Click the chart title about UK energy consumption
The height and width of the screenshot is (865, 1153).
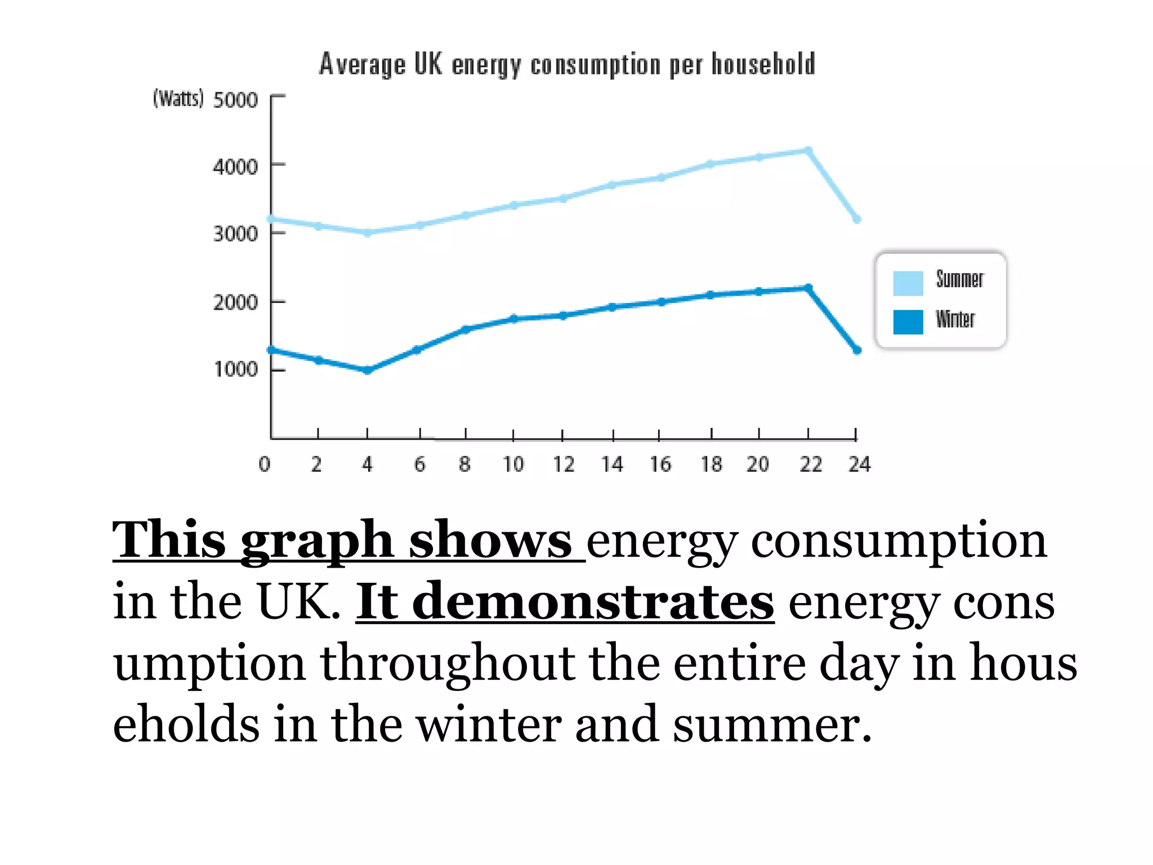567,64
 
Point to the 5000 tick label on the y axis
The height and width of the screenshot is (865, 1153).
235,100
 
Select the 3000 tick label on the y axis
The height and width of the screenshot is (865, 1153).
235,234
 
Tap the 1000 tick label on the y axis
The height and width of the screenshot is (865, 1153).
235,369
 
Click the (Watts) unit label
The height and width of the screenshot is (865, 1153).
178,99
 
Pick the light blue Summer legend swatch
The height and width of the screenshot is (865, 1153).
908,283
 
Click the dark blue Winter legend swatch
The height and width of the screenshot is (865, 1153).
908,322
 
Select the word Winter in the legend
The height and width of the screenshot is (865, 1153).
955,319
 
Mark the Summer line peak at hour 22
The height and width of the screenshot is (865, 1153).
808,150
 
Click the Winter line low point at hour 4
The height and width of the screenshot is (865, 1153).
368,371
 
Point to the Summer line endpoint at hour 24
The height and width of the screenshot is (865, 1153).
857,219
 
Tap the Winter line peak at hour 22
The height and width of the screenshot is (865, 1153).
808,288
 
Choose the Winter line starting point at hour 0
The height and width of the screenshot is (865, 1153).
271,350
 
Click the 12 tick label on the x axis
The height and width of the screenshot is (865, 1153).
563,465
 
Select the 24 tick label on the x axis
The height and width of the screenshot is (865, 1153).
859,465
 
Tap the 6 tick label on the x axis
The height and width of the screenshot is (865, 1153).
420,465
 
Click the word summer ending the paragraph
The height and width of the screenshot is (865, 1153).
771,725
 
